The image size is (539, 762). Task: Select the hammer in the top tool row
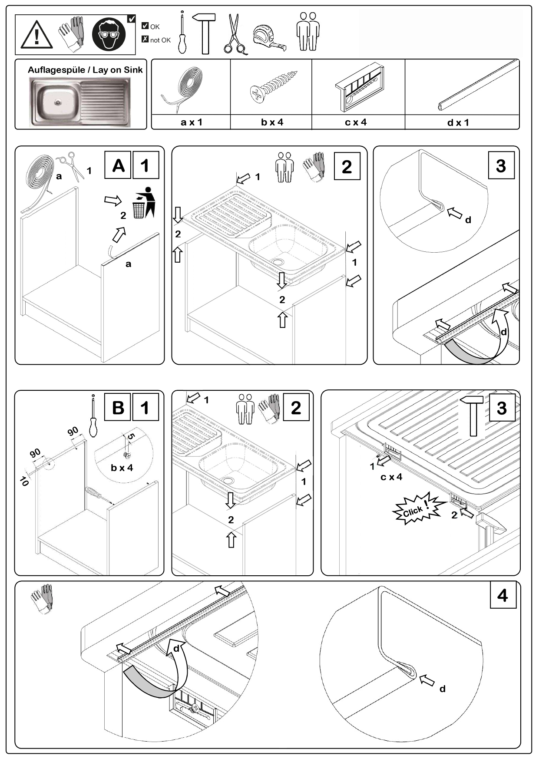[205, 33]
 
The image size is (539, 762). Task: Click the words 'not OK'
[160, 40]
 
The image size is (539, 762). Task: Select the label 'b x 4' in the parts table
[272, 122]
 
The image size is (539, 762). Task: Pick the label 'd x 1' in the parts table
[458, 123]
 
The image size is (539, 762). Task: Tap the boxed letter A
[118, 165]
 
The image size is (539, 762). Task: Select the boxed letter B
[118, 408]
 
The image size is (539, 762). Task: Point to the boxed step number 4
[503, 595]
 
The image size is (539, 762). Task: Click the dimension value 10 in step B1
[24, 481]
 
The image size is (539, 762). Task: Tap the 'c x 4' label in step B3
[391, 477]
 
